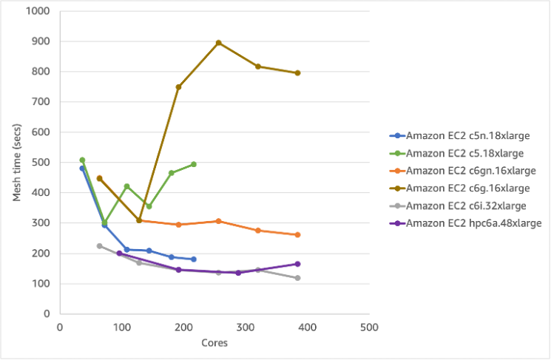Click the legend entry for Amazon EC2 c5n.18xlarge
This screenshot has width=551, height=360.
tap(464, 136)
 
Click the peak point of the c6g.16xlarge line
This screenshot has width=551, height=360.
tap(219, 43)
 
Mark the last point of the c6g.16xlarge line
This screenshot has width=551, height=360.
tap(298, 73)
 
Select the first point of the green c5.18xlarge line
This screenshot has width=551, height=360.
tap(82, 160)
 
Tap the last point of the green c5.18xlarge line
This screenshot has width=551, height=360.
tap(194, 164)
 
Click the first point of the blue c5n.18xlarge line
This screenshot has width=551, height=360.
tap(82, 169)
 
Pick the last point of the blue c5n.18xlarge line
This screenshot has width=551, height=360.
tap(194, 259)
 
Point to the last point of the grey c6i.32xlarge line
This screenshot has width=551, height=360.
tap(298, 278)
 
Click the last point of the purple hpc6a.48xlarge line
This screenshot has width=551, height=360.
tap(298, 264)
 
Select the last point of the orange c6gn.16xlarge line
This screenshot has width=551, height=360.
tap(298, 235)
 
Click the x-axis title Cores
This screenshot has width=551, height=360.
tap(214, 344)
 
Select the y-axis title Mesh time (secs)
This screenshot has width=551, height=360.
tap(16, 163)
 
